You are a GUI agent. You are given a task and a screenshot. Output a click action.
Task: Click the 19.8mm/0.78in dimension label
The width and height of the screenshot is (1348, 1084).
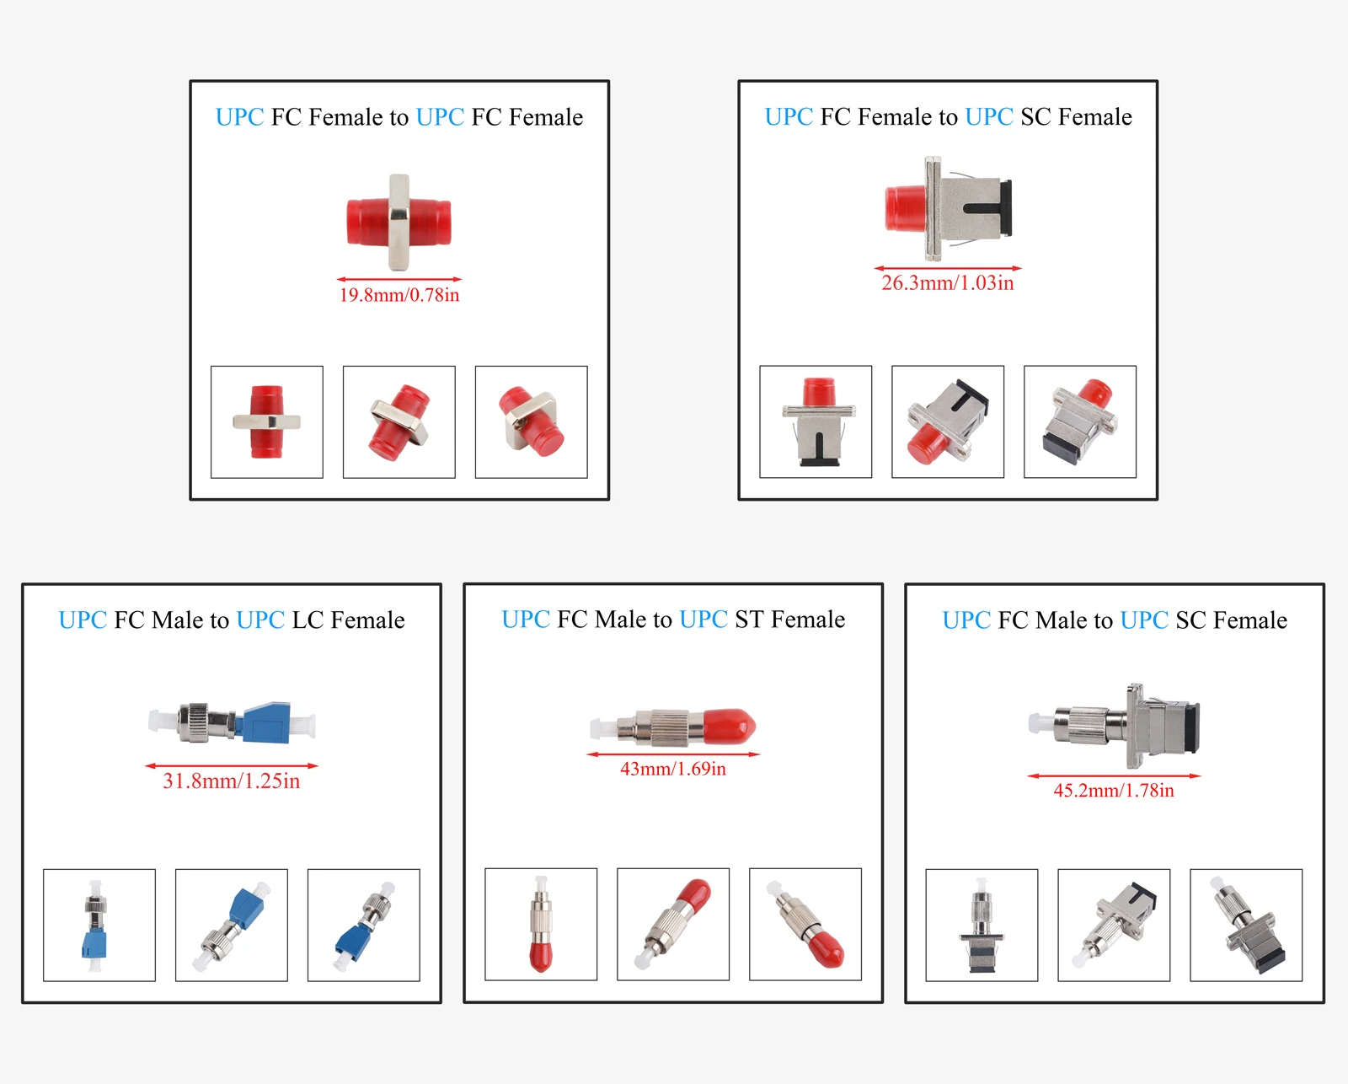tap(399, 295)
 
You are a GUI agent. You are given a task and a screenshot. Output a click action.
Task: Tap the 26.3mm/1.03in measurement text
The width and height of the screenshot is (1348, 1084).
tap(947, 283)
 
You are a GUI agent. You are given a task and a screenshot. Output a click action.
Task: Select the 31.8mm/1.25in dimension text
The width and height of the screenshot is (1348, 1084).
tap(231, 781)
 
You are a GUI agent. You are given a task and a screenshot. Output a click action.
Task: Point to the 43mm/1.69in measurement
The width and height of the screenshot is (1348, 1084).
tap(672, 769)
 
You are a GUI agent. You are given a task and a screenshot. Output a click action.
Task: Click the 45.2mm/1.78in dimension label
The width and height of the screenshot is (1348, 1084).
tap(1113, 791)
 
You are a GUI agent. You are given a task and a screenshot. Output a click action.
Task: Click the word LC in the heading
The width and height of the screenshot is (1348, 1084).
tap(308, 620)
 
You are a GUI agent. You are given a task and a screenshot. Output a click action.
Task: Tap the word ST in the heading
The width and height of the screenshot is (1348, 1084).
tap(748, 620)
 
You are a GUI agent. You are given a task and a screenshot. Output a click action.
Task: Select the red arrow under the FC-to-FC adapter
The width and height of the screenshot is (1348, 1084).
tap(399, 279)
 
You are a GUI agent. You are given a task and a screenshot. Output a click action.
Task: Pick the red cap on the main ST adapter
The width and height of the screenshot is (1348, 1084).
tap(729, 725)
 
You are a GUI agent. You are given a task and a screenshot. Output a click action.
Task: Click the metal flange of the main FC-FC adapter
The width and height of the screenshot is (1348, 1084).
tap(399, 222)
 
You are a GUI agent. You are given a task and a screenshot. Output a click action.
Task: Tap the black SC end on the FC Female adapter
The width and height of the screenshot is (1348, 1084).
tap(1005, 207)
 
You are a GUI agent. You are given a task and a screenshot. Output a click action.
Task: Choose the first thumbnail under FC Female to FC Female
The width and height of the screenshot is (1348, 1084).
tap(266, 421)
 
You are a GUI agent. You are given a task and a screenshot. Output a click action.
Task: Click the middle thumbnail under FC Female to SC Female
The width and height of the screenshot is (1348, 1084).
tap(947, 421)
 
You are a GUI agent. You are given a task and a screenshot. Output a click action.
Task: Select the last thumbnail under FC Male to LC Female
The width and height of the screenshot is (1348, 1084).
tap(363, 925)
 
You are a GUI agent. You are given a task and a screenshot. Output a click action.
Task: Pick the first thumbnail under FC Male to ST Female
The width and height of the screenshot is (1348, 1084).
tap(540, 924)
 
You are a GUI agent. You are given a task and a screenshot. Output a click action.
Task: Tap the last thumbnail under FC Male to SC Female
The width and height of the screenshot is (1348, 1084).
tap(1245, 925)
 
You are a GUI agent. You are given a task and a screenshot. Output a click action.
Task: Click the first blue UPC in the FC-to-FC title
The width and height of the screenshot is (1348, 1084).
tap(239, 117)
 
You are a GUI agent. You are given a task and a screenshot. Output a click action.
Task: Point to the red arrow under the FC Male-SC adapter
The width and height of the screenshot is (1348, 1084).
tap(1113, 775)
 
